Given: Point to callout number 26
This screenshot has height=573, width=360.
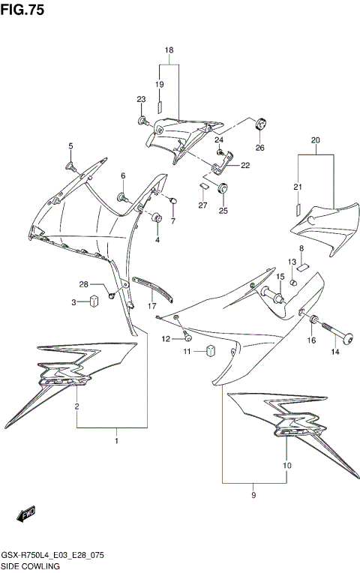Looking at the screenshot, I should coord(260,148).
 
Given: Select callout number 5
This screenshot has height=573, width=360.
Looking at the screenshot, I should coord(71,145).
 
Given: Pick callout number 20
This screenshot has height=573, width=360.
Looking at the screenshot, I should coord(315,140).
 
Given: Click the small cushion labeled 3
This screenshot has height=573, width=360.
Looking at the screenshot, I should coord(95,301).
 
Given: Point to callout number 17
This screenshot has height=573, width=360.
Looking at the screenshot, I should coord(152,306).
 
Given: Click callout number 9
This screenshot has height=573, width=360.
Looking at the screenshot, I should coord(254,496).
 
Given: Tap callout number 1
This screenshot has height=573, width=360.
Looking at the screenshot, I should coord(116,441).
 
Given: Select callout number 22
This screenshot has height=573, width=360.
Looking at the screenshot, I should coord(244,166).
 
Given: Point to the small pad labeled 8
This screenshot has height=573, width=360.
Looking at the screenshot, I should coord(303,264).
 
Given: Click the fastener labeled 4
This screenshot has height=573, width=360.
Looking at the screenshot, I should coord(157,218).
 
